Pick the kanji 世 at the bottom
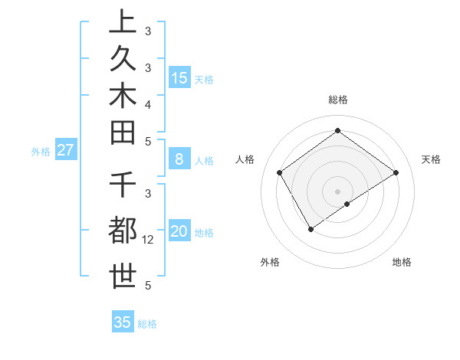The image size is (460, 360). pos(123,276)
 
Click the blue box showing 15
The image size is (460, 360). pos(179,77)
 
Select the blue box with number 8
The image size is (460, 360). pos(179,159)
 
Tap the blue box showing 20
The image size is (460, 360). pos(179,232)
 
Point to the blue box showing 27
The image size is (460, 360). pos(65,150)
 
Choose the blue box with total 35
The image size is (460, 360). pos(123,322)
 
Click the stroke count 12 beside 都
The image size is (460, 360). pos(148,240)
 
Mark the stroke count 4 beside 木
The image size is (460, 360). pos(148,103)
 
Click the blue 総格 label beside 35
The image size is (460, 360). pos(147,324)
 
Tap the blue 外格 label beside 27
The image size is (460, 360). pos(41,152)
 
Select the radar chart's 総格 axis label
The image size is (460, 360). pos(338,100)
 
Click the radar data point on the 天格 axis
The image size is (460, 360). pos(396,173)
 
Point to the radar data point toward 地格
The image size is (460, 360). pos(348,204)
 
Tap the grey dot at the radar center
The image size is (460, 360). pos(338,191)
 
